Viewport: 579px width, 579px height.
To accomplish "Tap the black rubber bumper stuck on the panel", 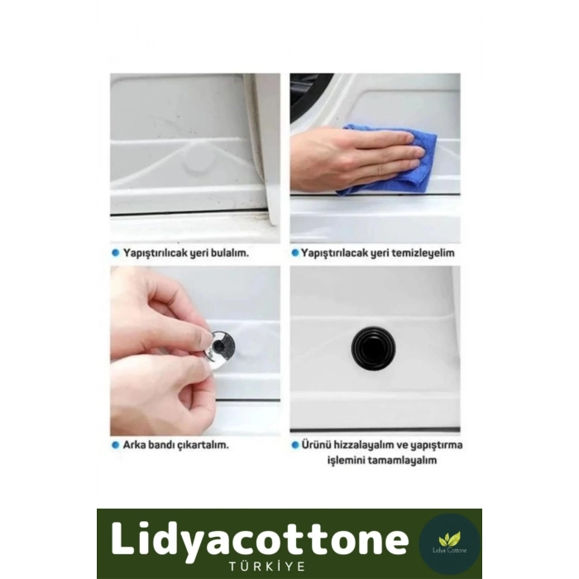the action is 373,348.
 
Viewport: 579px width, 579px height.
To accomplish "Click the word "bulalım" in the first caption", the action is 230,253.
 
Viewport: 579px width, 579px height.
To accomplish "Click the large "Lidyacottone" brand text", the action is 260,539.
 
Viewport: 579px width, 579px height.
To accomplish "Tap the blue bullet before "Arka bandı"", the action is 115,445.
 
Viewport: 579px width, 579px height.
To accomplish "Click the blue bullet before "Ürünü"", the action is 294,445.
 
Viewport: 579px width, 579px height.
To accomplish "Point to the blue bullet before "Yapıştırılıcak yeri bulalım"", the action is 115,253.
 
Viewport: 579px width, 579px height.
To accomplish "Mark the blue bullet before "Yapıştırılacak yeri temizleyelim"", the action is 294,253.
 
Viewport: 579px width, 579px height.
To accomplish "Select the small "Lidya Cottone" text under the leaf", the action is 449,550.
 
